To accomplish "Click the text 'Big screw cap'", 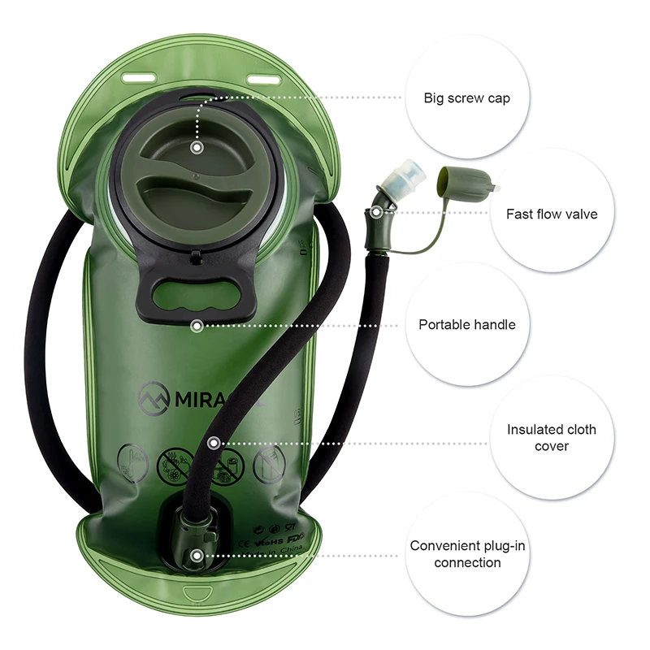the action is point(466,98).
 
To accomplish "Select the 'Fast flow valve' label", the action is point(551,214).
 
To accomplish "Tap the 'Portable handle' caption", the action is point(466,324).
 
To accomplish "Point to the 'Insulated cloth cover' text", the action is point(551,437).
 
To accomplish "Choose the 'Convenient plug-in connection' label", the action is point(467,554).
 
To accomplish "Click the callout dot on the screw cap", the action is point(196,148).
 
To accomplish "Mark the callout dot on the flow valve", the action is point(376,213).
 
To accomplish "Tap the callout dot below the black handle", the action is point(196,325).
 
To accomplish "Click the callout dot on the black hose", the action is point(213,444).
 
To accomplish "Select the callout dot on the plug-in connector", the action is point(196,556).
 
